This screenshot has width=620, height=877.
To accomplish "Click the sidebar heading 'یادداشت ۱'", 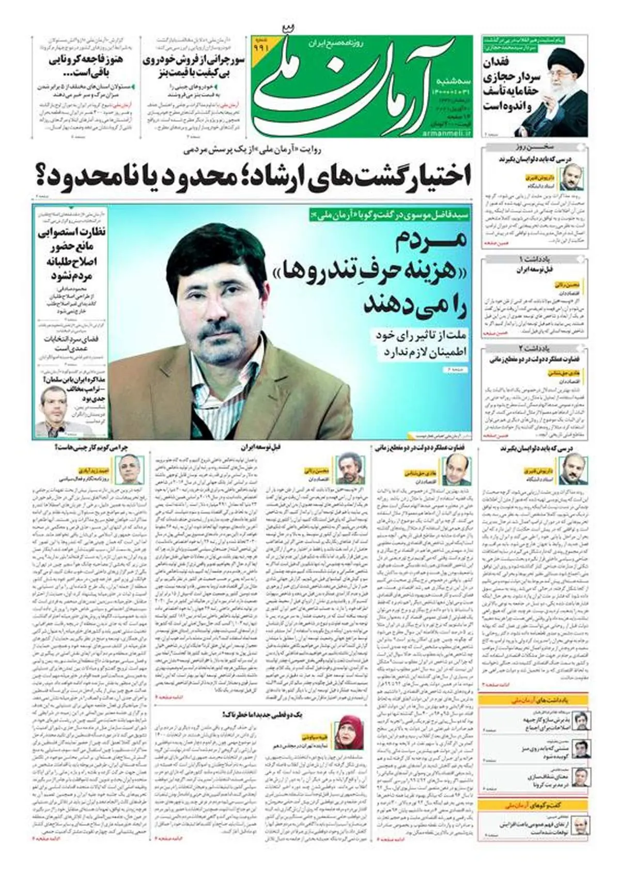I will (x=534, y=258).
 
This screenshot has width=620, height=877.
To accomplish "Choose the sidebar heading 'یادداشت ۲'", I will (x=534, y=348).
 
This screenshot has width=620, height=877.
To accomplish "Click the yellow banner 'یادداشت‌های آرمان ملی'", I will (x=534, y=700).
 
